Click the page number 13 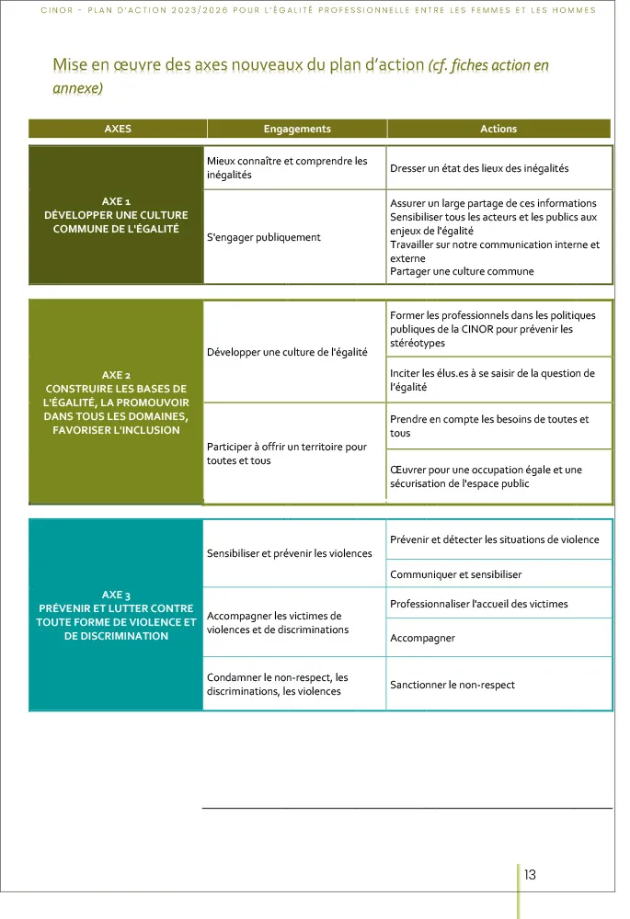(530, 875)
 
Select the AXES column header (118, 129)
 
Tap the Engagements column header (297, 129)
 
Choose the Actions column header (498, 129)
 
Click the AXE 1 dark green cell (116, 214)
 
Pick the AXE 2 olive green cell (116, 403)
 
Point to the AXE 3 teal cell (116, 615)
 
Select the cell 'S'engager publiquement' (264, 237)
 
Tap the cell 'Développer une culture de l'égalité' (287, 352)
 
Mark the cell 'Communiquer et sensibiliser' (455, 574)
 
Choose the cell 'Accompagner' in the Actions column (422, 638)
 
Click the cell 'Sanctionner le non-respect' (452, 685)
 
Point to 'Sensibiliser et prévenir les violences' (290, 553)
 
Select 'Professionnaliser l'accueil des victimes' (479, 604)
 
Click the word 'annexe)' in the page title (77, 88)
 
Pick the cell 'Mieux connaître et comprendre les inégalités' (287, 167)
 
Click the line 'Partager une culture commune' (462, 271)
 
